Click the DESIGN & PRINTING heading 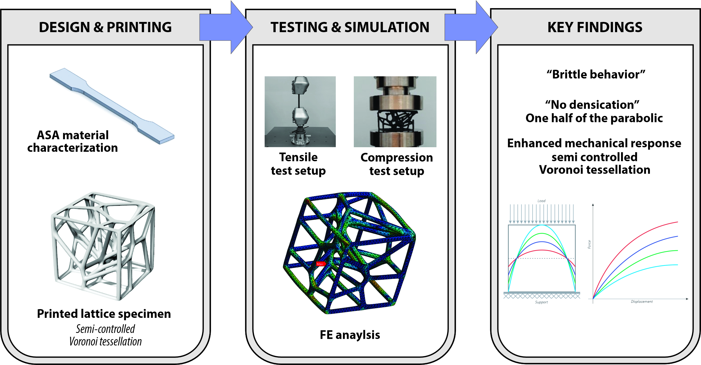[105, 27]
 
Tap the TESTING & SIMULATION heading [350, 27]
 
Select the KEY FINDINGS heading [595, 27]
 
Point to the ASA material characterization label [72, 141]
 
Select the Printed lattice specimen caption [104, 314]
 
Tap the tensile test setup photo [300, 111]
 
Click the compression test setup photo [395, 111]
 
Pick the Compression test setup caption [396, 164]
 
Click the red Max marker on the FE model [320, 264]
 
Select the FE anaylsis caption [350, 335]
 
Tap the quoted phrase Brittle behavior [596, 74]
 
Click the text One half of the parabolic [594, 118]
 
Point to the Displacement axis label [641, 302]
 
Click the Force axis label [589, 245]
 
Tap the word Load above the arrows [541, 201]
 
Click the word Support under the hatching [541, 302]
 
